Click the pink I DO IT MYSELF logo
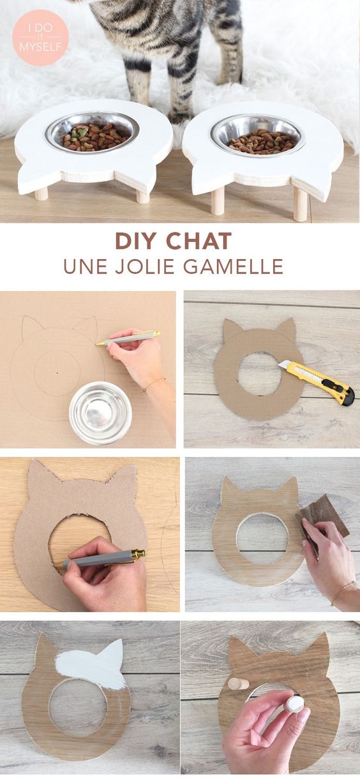click(41, 38)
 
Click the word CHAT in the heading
click(199, 241)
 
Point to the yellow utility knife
click(317, 382)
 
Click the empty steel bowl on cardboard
click(100, 412)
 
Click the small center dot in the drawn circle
click(57, 373)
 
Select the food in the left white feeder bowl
click(93, 137)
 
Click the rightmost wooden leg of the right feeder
click(301, 204)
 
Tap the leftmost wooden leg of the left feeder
click(41, 193)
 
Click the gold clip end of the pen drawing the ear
click(156, 334)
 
